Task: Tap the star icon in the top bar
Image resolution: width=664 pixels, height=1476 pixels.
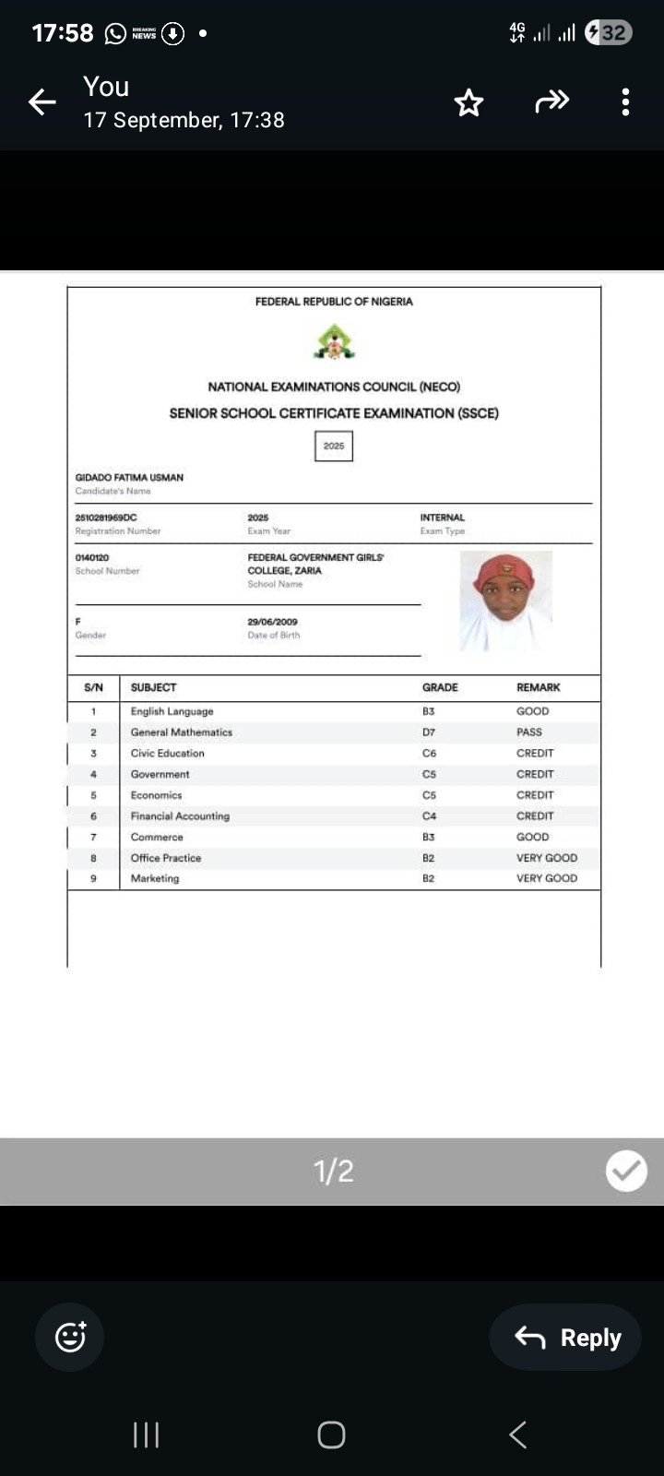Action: (x=468, y=102)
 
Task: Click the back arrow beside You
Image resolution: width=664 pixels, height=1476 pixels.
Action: (x=42, y=102)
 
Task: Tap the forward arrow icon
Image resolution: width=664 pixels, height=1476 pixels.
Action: (x=551, y=101)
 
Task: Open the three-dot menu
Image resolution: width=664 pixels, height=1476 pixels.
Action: (x=625, y=102)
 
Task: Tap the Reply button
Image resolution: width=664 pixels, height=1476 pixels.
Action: (x=565, y=1337)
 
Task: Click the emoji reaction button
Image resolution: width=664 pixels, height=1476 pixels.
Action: (x=70, y=1337)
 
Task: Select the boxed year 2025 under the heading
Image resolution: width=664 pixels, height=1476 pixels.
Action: (x=334, y=446)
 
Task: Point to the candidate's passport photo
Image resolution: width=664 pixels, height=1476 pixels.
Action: (x=505, y=601)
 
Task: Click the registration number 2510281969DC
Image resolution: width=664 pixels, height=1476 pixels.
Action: (x=106, y=518)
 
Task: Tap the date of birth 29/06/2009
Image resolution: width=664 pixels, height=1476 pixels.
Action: (x=272, y=622)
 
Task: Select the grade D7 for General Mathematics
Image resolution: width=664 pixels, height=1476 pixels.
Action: (x=429, y=732)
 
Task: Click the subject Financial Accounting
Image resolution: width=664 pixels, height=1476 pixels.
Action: (x=180, y=816)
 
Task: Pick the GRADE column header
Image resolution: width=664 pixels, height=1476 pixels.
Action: (x=440, y=687)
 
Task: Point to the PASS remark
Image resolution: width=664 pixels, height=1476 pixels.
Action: (x=529, y=732)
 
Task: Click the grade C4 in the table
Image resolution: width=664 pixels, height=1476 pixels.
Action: (x=429, y=816)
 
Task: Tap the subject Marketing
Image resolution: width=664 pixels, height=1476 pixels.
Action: (x=155, y=878)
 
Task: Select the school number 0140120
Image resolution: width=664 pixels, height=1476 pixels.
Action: (x=92, y=557)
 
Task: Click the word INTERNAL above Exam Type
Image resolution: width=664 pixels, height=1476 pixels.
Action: (x=443, y=518)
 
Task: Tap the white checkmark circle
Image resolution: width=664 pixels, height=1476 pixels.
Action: (x=626, y=1171)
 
